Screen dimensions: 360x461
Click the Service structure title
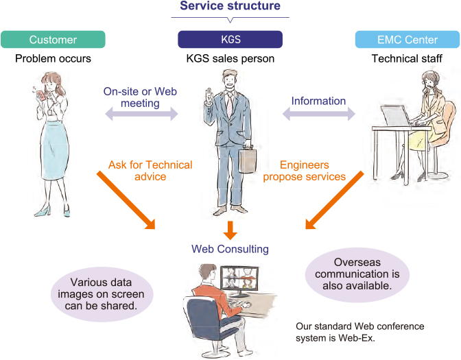(x=230, y=6)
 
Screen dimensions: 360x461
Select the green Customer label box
(x=53, y=39)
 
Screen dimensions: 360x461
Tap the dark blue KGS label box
(x=230, y=39)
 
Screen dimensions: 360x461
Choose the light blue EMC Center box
(x=407, y=39)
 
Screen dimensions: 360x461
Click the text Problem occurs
(x=53, y=58)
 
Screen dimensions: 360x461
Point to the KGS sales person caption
(x=230, y=58)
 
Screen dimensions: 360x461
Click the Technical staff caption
(x=407, y=58)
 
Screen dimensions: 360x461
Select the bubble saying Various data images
(x=102, y=293)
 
